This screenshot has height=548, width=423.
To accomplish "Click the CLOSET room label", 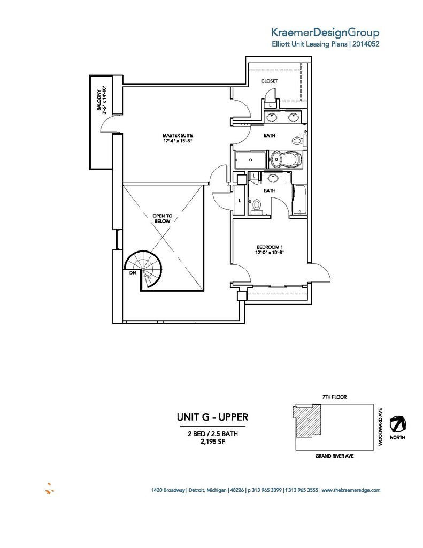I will coord(269,81).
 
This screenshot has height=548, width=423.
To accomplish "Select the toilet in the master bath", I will coord(298,141).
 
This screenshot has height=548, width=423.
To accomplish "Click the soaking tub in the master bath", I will coord(283,159).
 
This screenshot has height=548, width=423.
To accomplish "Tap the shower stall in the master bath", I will coord(250,159).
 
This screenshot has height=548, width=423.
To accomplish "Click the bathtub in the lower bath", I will coord(299,200).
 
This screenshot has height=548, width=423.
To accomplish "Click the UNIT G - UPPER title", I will coord(212,416).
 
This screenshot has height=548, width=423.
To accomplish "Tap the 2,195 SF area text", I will coord(212,442).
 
